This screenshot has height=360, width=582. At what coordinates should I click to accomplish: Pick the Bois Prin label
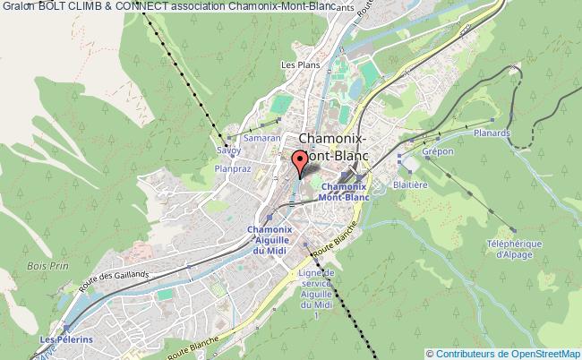point(66,265)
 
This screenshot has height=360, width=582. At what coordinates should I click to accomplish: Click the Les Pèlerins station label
point(60,341)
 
